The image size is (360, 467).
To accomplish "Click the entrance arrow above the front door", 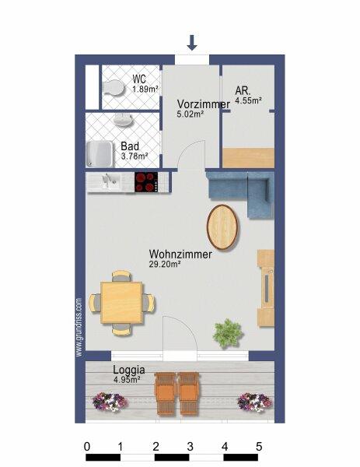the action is point(192,43).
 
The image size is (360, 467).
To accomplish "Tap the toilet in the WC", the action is point(113,88).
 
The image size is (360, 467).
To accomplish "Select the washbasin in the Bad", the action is point(122,119).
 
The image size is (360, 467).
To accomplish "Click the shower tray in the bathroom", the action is point(100,154).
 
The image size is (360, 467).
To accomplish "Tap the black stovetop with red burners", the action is point(146,182).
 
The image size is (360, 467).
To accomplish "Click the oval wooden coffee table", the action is point(222,227).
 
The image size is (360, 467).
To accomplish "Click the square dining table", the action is point(122,303).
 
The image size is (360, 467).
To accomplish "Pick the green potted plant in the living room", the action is point(228,333).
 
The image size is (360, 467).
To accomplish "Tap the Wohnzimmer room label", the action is point(180,254).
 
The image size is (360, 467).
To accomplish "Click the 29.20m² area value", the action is point(165,264).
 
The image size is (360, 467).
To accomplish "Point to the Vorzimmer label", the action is point(204,104).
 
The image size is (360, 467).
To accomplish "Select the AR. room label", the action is point(243,90).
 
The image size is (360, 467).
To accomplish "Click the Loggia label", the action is point(129,370).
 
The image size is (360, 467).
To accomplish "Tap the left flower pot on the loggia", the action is point(110,402).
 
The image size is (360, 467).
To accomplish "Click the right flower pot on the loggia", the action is point(255,402).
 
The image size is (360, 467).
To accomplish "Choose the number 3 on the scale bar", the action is point(190,447).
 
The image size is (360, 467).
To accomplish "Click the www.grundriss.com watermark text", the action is point(79,328).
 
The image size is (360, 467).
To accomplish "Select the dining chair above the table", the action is point(121,276).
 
